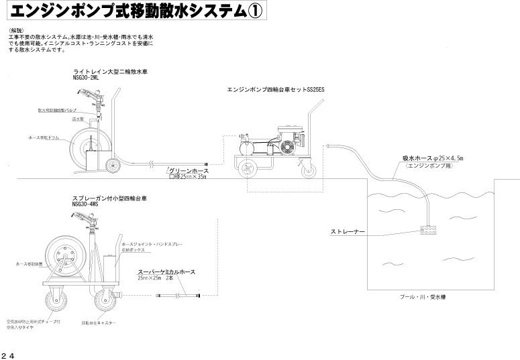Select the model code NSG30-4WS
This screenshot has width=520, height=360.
85,204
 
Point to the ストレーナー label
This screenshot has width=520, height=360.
348,231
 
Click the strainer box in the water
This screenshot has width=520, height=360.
427,230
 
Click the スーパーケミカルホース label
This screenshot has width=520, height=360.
166,272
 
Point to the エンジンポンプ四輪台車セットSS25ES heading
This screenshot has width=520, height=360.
276,88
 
